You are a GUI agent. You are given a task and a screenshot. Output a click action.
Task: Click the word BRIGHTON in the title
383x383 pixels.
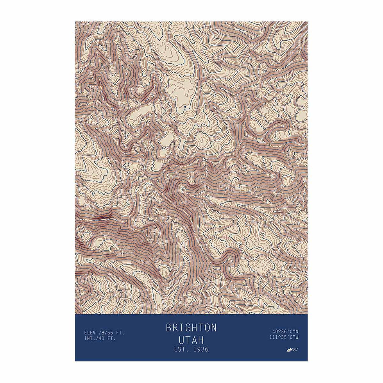[x=191, y=328]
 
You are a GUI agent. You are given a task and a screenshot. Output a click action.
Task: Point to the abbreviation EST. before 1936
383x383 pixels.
[x=181, y=349]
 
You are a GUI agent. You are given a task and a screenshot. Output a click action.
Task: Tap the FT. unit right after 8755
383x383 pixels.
[x=120, y=333]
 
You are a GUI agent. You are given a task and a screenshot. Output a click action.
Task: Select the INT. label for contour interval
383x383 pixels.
[x=90, y=339]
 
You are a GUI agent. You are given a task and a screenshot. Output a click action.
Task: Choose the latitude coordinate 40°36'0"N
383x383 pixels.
[x=285, y=332]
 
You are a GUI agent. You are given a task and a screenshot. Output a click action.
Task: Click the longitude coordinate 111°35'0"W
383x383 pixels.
[x=284, y=337]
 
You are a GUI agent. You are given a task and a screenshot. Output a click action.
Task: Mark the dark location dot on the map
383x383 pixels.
[x=185, y=106]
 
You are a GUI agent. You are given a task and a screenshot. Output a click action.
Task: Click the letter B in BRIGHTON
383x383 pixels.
[x=169, y=328]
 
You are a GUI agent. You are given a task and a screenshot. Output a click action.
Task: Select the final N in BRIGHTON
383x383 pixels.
[x=213, y=328]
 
